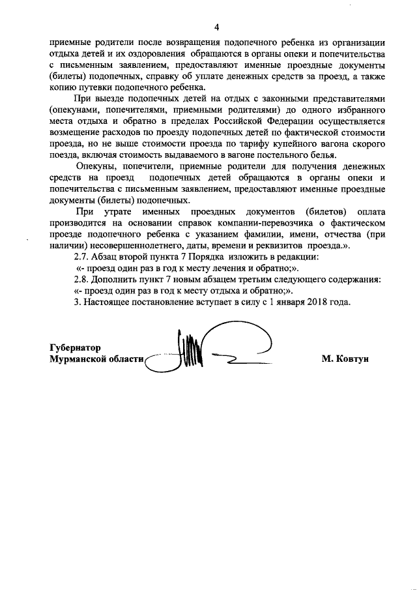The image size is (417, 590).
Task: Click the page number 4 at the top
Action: [x=217, y=27]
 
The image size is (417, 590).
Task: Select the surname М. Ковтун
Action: [x=345, y=359]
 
